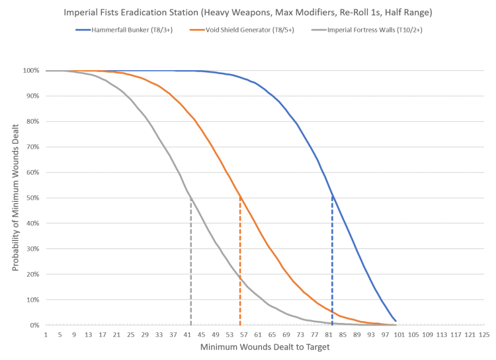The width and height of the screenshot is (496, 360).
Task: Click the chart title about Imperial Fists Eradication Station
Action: coord(248,12)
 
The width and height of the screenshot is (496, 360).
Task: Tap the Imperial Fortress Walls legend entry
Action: coord(358,30)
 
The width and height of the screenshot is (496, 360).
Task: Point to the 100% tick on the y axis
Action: coord(31,70)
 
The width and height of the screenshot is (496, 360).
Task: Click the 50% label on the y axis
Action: coord(32,198)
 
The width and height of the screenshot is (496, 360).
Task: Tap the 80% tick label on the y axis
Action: coord(32,121)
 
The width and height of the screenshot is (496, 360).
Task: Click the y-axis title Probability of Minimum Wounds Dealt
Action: coord(15,197)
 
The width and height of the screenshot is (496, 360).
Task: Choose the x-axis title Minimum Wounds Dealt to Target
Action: coord(263,347)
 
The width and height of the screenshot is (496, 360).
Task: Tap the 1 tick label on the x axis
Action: coord(46,335)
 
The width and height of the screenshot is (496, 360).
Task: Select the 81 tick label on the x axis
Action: coord(332,335)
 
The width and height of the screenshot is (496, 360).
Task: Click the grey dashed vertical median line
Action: coord(191,265)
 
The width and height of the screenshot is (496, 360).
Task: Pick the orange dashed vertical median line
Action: coord(239,265)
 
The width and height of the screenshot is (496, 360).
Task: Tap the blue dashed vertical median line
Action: coord(332,265)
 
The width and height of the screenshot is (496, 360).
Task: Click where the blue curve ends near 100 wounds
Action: coord(396,321)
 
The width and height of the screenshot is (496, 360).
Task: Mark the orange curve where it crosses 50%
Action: coord(239,197)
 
